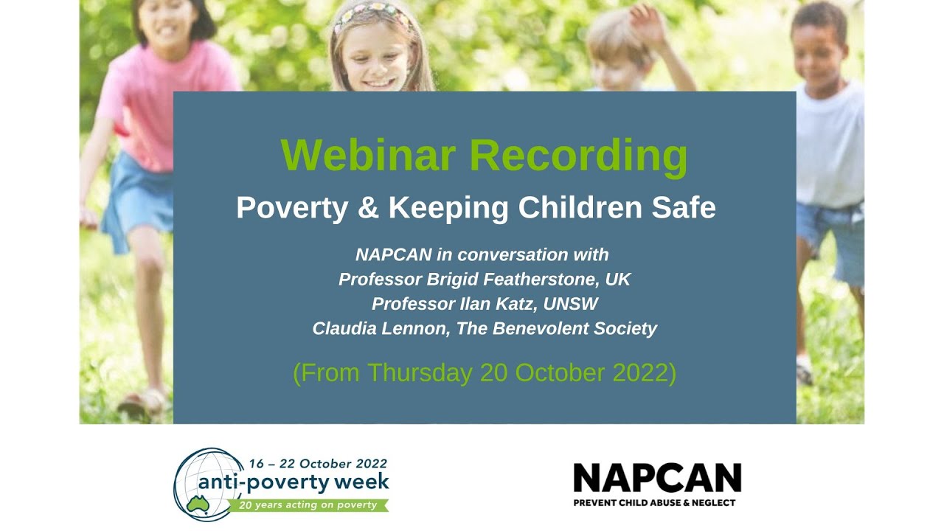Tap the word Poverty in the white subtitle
pos(291,209)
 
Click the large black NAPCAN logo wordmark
pos(657,478)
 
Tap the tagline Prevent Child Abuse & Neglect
pos(654,503)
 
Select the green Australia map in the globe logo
pos(197,503)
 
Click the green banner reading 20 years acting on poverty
pos(308,505)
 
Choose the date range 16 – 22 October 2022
pos(318,464)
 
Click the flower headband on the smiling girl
pos(372,13)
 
